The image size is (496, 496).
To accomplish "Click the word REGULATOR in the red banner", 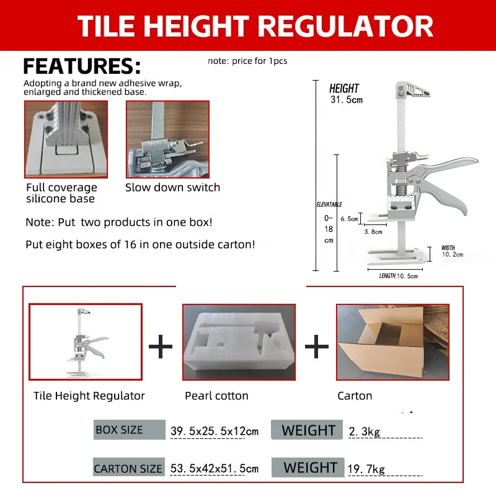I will [344, 25].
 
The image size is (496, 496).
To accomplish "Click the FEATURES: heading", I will [82, 66].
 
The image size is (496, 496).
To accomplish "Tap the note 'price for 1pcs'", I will [247, 61].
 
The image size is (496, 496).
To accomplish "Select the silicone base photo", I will [66, 139].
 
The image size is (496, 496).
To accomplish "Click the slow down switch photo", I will [167, 139].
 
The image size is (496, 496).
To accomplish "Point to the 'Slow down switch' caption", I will [172, 187].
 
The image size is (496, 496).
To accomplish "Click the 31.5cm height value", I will [346, 99].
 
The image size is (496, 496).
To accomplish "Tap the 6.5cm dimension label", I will [349, 219].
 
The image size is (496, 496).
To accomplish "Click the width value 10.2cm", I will [453, 255].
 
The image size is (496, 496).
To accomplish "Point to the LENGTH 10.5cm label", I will [399, 275].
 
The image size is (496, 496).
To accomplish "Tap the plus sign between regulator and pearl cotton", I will [161, 347].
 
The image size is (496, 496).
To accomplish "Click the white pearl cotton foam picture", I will [239, 342].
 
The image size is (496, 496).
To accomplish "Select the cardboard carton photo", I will [392, 342].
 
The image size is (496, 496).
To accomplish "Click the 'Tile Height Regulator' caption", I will [89, 396].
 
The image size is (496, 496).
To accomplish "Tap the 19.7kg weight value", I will [366, 469].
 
